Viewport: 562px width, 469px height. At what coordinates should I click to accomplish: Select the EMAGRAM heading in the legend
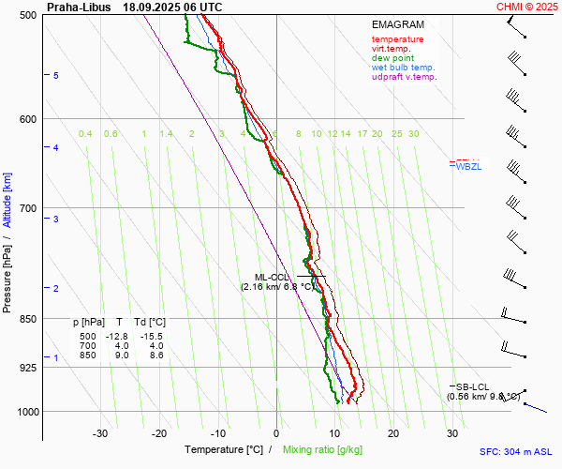(397, 25)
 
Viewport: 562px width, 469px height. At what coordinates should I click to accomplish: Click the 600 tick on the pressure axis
(27, 119)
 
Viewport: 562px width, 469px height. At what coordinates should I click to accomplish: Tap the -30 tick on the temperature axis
(100, 433)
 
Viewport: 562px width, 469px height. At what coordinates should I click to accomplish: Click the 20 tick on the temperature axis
(393, 433)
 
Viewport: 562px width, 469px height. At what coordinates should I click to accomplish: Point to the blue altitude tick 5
(56, 75)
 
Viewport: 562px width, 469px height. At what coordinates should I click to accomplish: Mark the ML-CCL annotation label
(273, 278)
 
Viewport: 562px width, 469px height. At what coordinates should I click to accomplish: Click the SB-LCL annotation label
(472, 386)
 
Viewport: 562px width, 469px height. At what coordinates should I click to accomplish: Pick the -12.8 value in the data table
(116, 336)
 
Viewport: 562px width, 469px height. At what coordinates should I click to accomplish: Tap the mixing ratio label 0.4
(85, 134)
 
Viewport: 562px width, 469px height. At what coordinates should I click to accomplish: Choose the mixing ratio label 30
(413, 134)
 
